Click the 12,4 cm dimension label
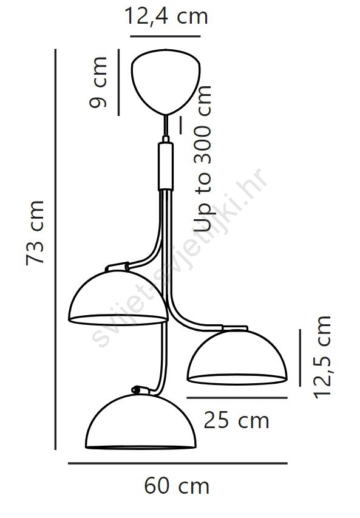[x=166, y=16]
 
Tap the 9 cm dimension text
[x=98, y=82]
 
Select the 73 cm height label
[x=35, y=232]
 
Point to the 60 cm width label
[x=177, y=486]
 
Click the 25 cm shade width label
[x=236, y=420]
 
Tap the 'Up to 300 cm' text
[x=202, y=158]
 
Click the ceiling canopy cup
[x=166, y=81]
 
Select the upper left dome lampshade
[x=118, y=298]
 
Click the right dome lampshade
[x=237, y=358]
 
